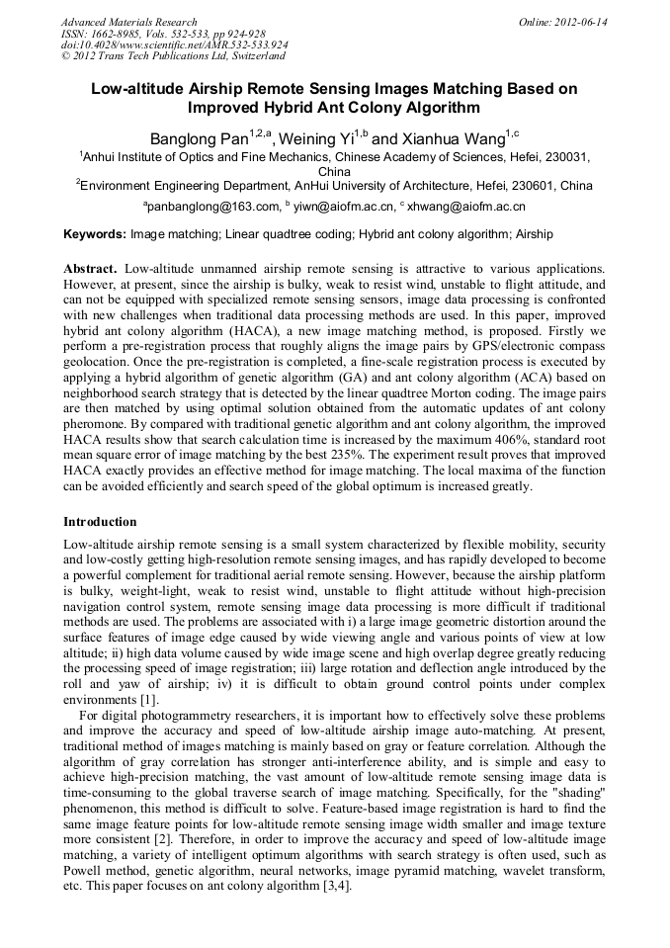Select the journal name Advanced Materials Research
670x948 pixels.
(x=128, y=22)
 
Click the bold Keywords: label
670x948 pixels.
(x=95, y=235)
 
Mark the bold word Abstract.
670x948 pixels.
(x=90, y=269)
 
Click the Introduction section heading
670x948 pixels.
(x=100, y=521)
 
